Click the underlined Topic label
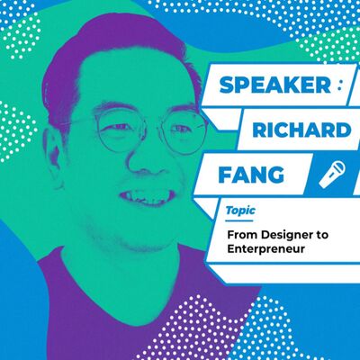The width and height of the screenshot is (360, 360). coord(239,209)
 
